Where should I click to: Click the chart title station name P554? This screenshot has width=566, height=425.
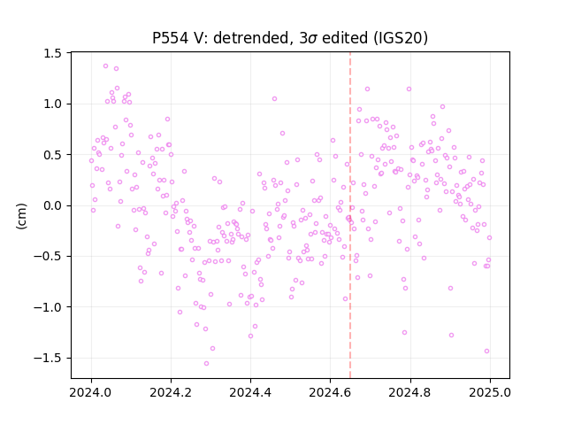pyautogui.click(x=170, y=38)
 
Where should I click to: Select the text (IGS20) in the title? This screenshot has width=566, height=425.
pyautogui.click(x=401, y=38)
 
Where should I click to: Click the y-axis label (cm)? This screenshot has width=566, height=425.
pyautogui.click(x=21, y=216)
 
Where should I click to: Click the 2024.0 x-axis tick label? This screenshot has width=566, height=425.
pyautogui.click(x=91, y=392)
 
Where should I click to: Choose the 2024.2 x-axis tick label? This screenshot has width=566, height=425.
pyautogui.click(x=171, y=392)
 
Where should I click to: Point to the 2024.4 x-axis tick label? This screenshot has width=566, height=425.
pyautogui.click(x=250, y=392)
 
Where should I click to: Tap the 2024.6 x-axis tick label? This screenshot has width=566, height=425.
pyautogui.click(x=330, y=392)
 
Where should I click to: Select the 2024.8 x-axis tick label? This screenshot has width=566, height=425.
pyautogui.click(x=410, y=392)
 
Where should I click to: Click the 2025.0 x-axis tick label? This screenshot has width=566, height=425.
pyautogui.click(x=490, y=392)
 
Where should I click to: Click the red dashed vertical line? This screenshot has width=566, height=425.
pyautogui.click(x=350, y=215)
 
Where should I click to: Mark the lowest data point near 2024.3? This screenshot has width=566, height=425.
pyautogui.click(x=206, y=363)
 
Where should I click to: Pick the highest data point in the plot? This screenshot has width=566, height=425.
pyautogui.click(x=106, y=66)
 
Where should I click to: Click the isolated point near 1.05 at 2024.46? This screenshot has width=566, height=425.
pyautogui.click(x=274, y=98)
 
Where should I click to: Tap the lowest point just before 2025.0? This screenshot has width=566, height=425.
pyautogui.click(x=486, y=351)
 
